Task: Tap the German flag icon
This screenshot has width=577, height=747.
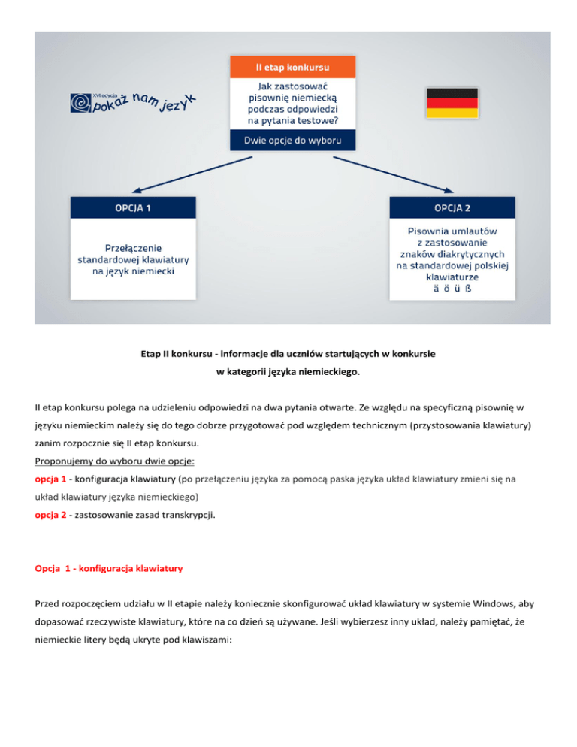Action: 452,103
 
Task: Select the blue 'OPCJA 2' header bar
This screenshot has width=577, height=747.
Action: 452,207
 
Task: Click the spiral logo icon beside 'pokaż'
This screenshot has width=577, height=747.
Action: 80,103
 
